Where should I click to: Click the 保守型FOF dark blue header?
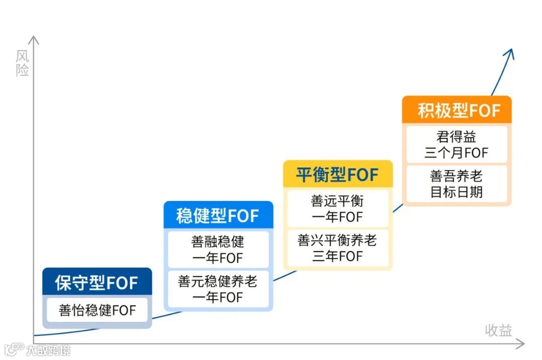pyautogui.click(x=97, y=283)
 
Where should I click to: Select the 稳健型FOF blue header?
pyautogui.click(x=218, y=216)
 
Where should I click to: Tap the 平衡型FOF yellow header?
pyautogui.click(x=337, y=175)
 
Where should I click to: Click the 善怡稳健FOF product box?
pyautogui.click(x=97, y=310)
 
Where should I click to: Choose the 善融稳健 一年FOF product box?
pyautogui.click(x=218, y=250)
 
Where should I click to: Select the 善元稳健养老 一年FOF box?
pyautogui.click(x=218, y=289)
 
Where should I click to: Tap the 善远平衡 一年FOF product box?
pyautogui.click(x=337, y=209)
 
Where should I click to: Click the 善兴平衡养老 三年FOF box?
pyautogui.click(x=337, y=248)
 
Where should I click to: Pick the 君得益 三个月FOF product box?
pyautogui.click(x=456, y=144)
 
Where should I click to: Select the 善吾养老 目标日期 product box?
pyautogui.click(x=456, y=184)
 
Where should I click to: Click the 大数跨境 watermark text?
pyautogui.click(x=49, y=350)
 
